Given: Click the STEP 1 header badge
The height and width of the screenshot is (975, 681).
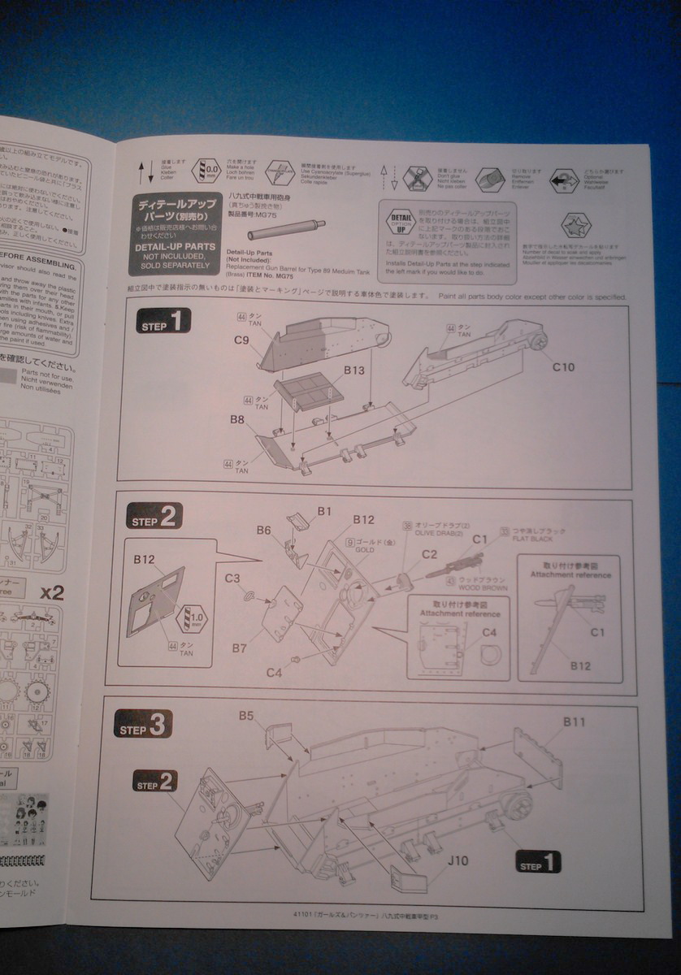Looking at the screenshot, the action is pyautogui.click(x=163, y=322).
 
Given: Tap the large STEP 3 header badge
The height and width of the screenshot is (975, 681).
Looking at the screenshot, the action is pyautogui.click(x=143, y=725).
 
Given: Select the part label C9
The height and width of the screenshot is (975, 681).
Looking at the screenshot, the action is pyautogui.click(x=241, y=340).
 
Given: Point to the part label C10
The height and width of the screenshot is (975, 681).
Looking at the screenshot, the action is pyautogui.click(x=563, y=367).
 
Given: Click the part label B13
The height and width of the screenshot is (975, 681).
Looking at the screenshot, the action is pyautogui.click(x=355, y=370).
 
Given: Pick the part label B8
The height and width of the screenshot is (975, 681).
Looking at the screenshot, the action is pyautogui.click(x=237, y=420).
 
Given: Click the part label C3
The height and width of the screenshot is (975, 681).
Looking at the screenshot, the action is pyautogui.click(x=232, y=578).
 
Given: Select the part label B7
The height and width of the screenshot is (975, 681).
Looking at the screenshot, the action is pyautogui.click(x=239, y=648).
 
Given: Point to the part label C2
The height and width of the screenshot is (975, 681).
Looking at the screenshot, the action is pyautogui.click(x=429, y=554).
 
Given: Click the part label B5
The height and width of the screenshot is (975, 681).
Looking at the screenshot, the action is pyautogui.click(x=246, y=716).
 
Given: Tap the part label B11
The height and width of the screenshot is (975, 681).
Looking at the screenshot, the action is pyautogui.click(x=575, y=721).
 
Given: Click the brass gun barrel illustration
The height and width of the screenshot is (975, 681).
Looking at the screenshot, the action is pyautogui.click(x=287, y=229).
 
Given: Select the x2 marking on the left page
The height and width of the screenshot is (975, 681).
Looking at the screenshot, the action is pyautogui.click(x=51, y=591).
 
